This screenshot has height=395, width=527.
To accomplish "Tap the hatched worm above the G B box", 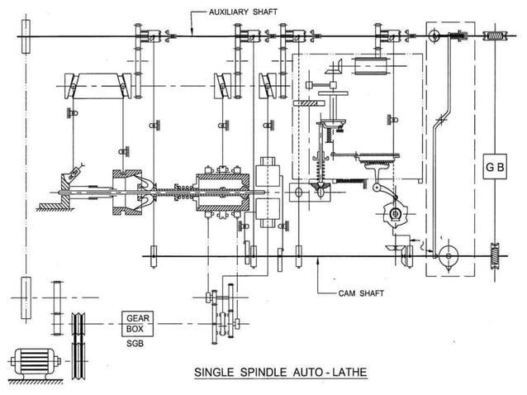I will [493, 36].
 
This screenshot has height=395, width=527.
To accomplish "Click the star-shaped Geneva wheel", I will [394, 215].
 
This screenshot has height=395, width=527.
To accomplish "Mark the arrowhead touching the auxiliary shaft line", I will [192, 33].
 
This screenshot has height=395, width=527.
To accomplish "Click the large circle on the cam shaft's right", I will [448, 256].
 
